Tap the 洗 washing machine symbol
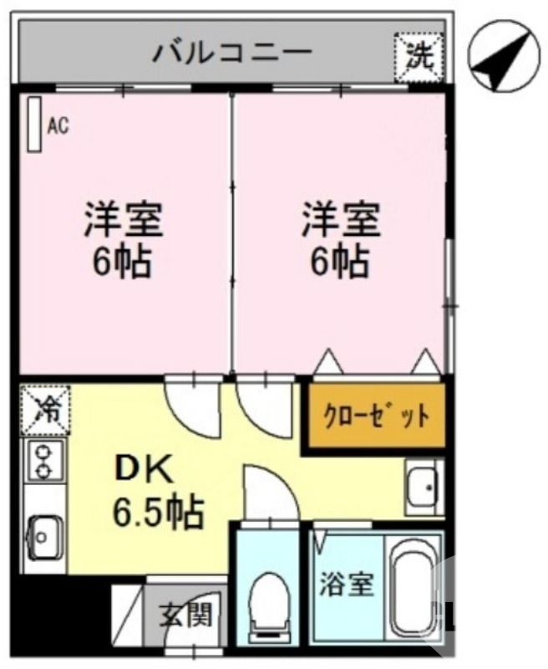coord(419,56)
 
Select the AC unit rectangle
coord(34,125)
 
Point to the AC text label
coord(57,126)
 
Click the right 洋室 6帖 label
coord(341,240)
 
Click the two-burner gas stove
coord(42,462)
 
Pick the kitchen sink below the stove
coord(42,533)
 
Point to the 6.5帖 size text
coord(159,510)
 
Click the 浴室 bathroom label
coord(346,585)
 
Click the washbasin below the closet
coord(423,485)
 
